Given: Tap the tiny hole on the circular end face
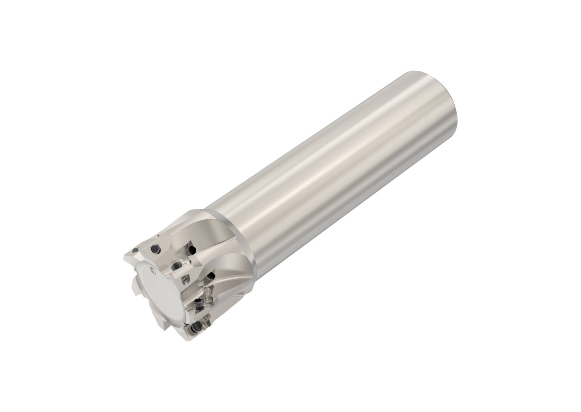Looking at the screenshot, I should (153, 270).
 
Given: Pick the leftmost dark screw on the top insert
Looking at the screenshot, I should (135, 250).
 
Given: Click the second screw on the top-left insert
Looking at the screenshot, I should (155, 249).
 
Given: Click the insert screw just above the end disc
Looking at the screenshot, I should (177, 266).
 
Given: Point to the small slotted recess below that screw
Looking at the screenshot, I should (185, 279).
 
